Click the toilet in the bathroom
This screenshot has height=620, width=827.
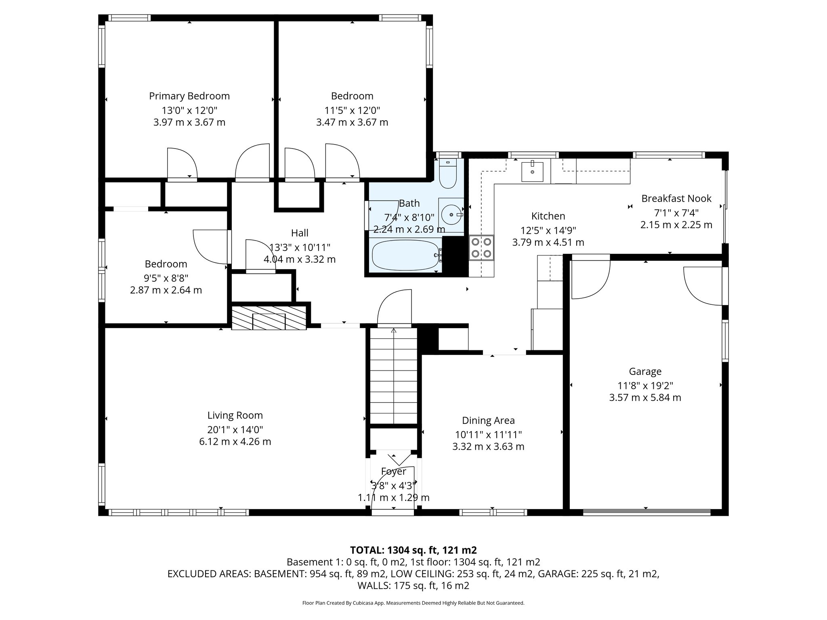click(447, 174)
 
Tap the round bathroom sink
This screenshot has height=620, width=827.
click(451, 215)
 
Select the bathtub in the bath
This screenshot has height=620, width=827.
click(405, 255)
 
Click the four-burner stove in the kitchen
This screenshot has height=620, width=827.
click(482, 247)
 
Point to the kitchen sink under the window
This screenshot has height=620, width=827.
click(532, 172)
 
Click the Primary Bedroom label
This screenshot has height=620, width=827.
click(189, 96)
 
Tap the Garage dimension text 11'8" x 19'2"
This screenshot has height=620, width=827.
click(645, 385)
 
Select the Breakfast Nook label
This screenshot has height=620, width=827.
click(676, 199)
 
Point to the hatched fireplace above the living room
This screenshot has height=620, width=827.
click(269, 318)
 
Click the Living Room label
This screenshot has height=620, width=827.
click(235, 415)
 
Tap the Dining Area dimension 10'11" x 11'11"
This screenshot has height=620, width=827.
click(488, 435)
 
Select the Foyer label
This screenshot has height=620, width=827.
click(393, 471)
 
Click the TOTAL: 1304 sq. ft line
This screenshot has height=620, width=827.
click(413, 550)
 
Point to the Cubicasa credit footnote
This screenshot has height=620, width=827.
click(413, 603)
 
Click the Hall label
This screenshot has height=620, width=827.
click(300, 233)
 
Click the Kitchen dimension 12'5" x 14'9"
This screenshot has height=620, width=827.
click(548, 230)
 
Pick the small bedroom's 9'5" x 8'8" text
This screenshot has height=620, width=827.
click(166, 278)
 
